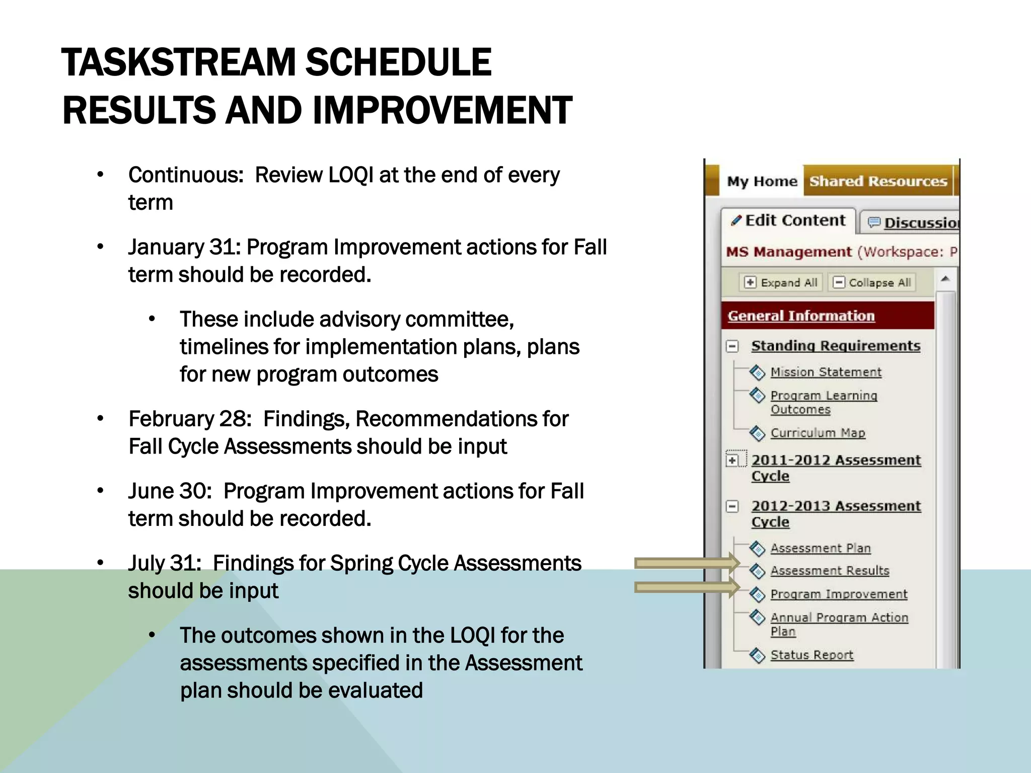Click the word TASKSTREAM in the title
point(178,62)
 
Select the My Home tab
point(762,181)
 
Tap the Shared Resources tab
point(878,181)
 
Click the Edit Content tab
point(789,220)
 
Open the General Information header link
point(801,316)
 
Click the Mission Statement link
point(826,372)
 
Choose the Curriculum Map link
point(818,433)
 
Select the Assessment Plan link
point(820,548)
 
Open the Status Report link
point(812,655)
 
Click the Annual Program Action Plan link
point(839,618)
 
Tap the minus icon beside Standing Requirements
point(732,346)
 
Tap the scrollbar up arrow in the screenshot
point(945,278)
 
